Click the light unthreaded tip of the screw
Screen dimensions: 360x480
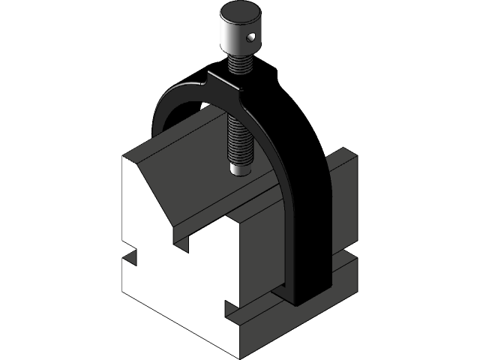pyautogui.click(x=240, y=169)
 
